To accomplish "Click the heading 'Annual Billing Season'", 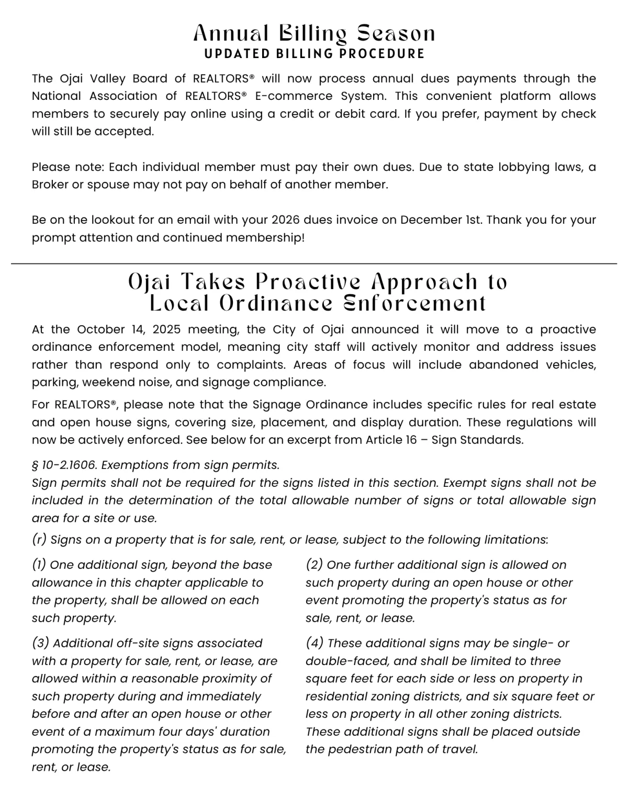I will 314,34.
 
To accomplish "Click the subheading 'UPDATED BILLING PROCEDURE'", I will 314,54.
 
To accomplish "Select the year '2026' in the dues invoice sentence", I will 286,220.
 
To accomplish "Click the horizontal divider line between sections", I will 314,264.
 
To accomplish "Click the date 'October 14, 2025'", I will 129,329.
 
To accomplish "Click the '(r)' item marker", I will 39,540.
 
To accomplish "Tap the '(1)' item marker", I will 39,565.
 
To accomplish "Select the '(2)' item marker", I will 314,565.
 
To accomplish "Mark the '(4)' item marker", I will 315,643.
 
